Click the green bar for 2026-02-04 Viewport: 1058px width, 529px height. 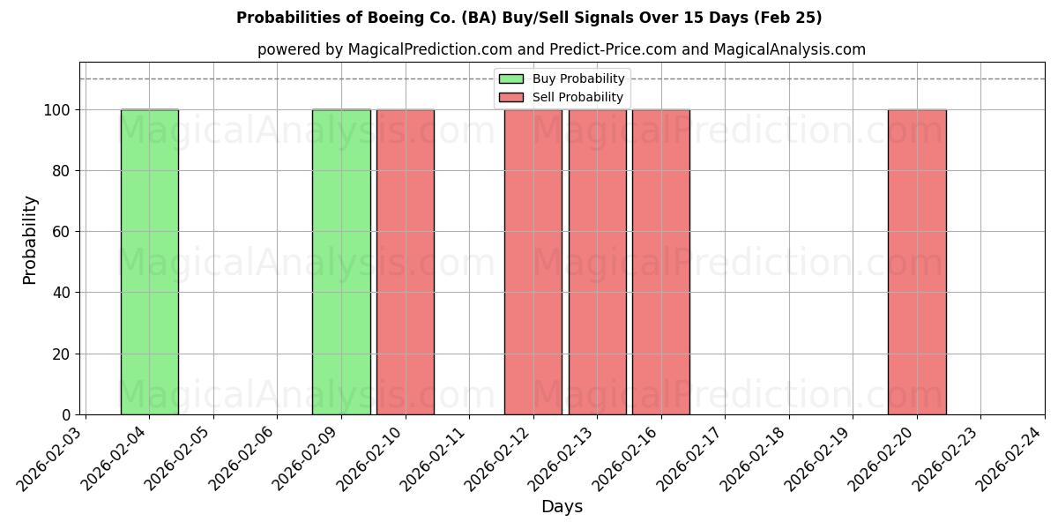click(149, 262)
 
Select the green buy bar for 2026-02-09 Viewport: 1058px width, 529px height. click(341, 262)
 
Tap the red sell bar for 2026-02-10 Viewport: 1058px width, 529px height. click(406, 262)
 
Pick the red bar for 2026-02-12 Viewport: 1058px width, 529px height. click(533, 262)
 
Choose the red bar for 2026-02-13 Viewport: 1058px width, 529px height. click(597, 262)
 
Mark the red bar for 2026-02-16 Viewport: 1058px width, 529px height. click(661, 262)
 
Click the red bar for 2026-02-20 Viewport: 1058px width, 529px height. click(917, 262)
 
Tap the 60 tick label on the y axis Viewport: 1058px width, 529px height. click(63, 232)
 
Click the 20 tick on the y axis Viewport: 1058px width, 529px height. click(63, 354)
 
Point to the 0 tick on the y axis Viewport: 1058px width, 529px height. click(67, 415)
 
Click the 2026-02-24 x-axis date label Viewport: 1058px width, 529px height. click(1012, 458)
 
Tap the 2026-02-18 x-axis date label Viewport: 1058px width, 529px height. click(756, 458)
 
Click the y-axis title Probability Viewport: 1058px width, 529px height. click(30, 240)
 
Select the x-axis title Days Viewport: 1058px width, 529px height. click(562, 507)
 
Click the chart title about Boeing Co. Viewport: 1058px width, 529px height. click(529, 18)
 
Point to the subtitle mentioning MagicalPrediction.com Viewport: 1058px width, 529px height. click(562, 49)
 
